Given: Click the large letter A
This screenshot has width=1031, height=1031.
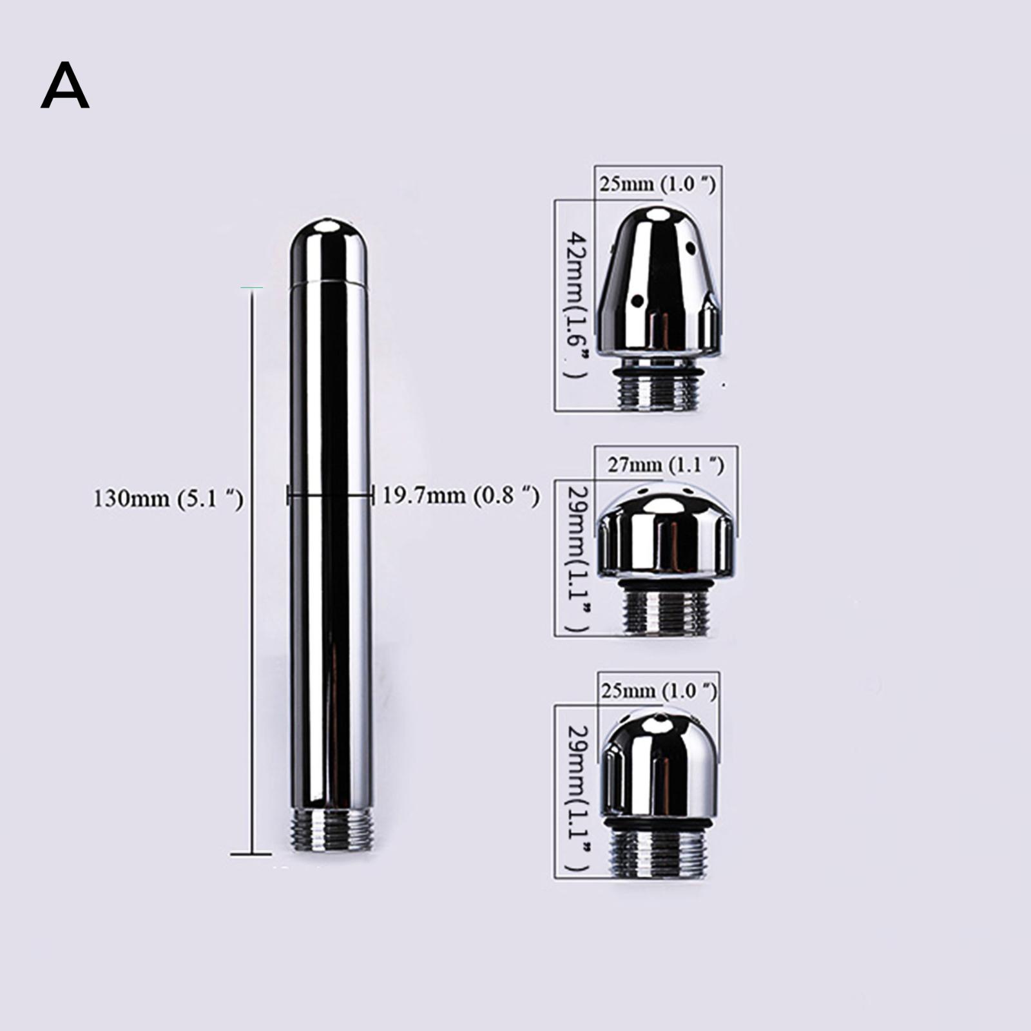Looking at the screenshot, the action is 64,86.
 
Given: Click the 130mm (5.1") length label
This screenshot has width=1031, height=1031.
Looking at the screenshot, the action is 169,498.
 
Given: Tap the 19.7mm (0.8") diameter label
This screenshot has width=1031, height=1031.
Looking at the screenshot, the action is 461,496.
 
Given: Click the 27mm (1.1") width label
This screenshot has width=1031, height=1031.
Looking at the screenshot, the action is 666,464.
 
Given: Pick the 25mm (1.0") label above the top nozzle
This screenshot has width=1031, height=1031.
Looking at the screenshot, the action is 657,184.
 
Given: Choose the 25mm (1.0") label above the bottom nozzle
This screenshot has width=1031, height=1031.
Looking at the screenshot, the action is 659,691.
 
